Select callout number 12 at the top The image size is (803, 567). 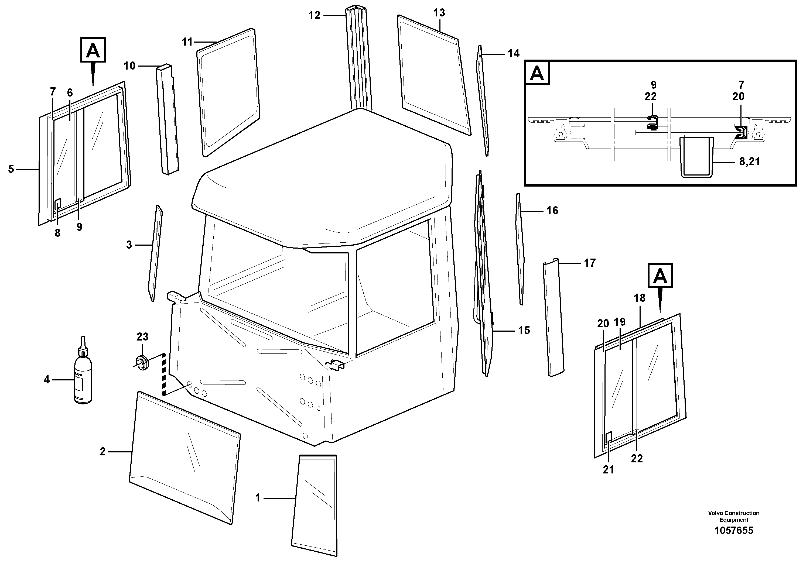tap(314, 15)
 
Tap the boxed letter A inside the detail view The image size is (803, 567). tap(537, 73)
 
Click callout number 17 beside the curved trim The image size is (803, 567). tap(590, 263)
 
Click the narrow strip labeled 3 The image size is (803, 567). tap(155, 253)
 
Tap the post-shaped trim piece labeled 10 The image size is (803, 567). tap(167, 119)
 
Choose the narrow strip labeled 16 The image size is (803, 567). tap(520, 248)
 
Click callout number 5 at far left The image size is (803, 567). tap(11, 169)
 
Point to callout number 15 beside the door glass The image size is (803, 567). tap(524, 330)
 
